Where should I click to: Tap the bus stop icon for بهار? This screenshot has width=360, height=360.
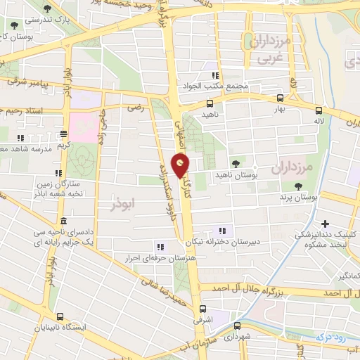280,98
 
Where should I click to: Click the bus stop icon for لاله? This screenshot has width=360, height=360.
319,110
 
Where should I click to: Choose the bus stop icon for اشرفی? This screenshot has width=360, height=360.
202,309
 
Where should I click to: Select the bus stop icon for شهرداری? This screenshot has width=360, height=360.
238,326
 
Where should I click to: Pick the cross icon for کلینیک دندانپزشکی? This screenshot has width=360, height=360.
325,224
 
